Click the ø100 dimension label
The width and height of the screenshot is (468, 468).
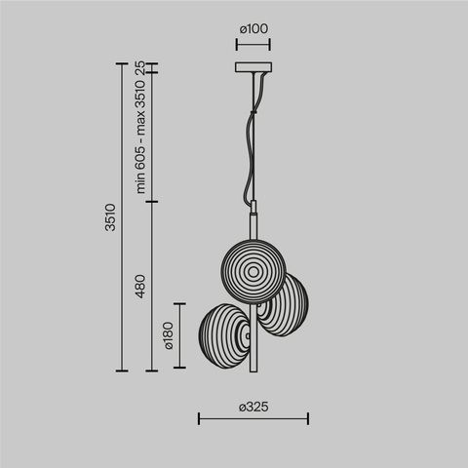pos(253,28)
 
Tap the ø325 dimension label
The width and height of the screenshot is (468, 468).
pos(253,406)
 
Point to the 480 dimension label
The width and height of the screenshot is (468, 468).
pos(139,287)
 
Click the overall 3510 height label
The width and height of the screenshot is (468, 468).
pos(110,217)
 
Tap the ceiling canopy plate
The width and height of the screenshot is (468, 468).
pos(253,68)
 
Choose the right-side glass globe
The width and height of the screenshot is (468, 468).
pos(282,305)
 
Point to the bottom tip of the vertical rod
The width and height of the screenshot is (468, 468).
pos(253,369)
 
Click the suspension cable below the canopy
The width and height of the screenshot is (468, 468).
pos(255,146)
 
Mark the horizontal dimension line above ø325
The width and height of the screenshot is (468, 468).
pos(253,419)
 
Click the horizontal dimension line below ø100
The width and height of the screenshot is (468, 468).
pos(253,43)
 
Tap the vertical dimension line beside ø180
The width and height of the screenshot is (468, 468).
pos(178,335)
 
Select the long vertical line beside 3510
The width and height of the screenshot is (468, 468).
pos(123,217)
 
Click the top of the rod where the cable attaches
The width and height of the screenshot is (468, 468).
pos(253,202)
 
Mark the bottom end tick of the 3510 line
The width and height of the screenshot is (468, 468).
pos(123,370)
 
